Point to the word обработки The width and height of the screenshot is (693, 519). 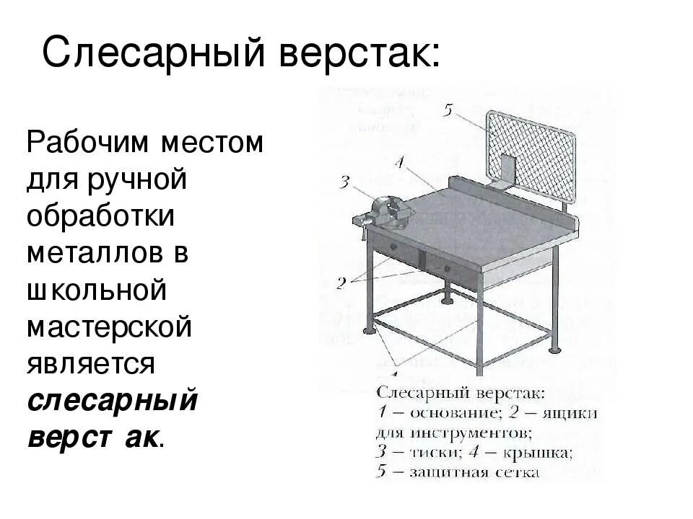point(100,216)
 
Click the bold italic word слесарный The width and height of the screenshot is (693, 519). point(113,400)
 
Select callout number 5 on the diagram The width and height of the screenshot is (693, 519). point(448,111)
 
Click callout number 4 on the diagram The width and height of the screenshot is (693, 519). point(401,160)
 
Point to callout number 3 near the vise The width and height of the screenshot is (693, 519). point(344,181)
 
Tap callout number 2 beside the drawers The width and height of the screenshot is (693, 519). point(341,283)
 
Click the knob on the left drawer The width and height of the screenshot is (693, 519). point(396,248)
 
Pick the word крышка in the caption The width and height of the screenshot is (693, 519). point(537,453)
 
